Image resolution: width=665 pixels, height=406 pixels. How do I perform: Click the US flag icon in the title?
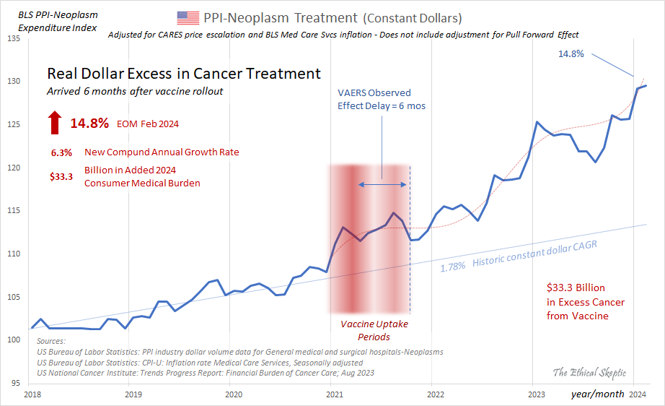pyautogui.click(x=188, y=17)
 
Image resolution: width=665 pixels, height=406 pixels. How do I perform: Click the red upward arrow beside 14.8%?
pyautogui.click(x=55, y=123)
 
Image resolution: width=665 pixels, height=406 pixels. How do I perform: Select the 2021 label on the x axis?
pyautogui.click(x=334, y=394)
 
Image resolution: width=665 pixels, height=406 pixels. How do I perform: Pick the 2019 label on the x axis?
pyautogui.click(x=133, y=394)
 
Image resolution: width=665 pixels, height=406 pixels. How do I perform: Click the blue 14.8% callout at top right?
pyautogui.click(x=571, y=53)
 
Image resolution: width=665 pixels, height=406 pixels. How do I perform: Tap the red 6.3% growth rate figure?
pyautogui.click(x=61, y=152)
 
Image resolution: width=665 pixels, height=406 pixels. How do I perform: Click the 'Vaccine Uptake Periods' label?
pyautogui.click(x=374, y=330)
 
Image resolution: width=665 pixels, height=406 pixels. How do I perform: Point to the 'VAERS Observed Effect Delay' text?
pyautogui.click(x=374, y=98)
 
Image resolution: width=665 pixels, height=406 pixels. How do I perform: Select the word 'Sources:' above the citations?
pyautogui.click(x=50, y=340)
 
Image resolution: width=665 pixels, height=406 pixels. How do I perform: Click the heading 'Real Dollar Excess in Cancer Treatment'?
pyautogui.click(x=184, y=74)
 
